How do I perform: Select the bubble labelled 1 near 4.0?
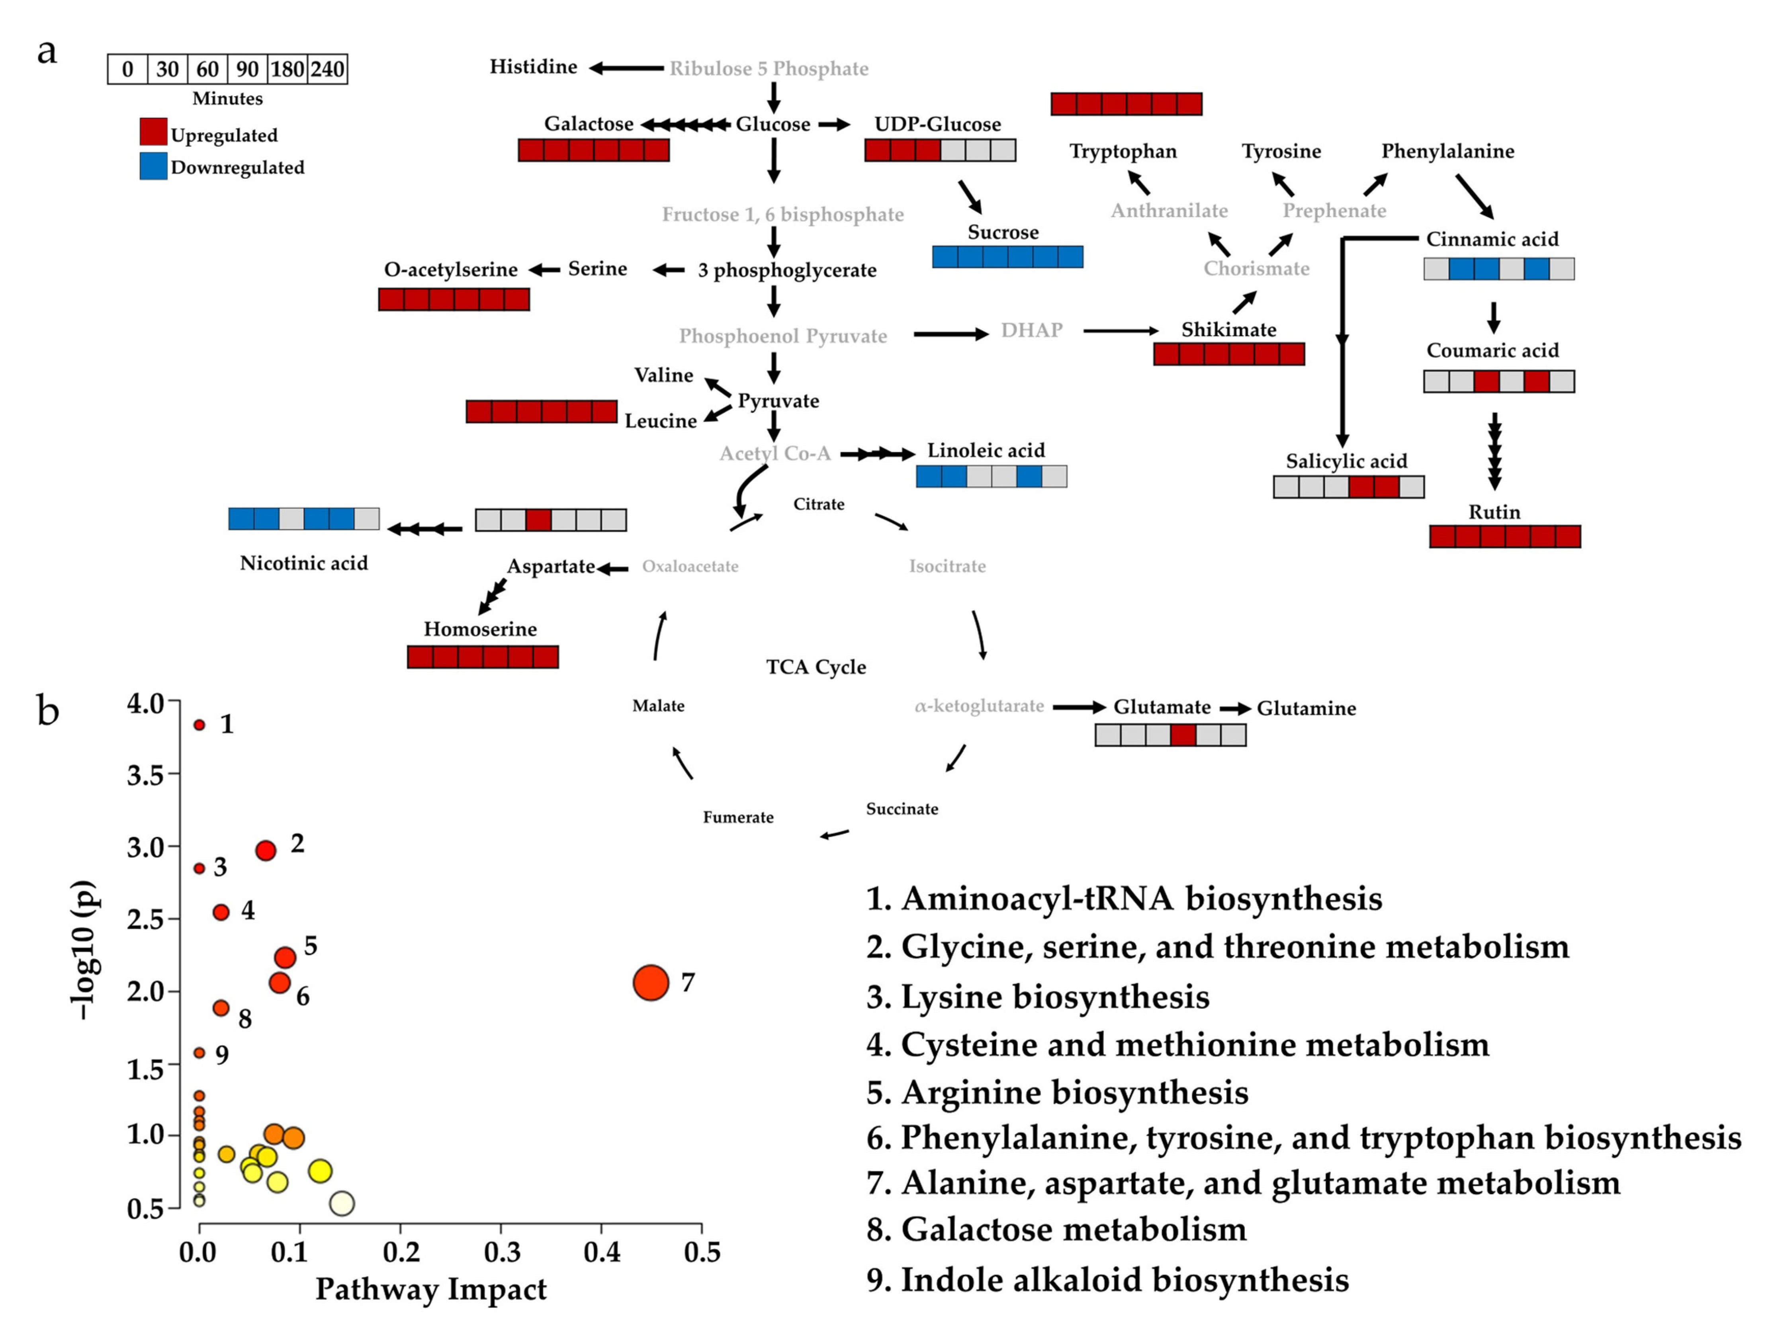tap(199, 725)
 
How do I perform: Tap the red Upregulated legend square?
tap(153, 131)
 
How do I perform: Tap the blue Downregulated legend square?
tap(153, 166)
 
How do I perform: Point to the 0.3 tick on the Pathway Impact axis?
tap(501, 1251)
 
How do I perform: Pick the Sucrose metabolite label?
tap(1003, 232)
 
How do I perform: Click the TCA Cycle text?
tap(816, 667)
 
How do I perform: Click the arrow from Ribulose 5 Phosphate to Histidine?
tap(626, 68)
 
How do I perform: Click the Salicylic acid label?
tap(1346, 461)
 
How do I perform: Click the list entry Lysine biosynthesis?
tap(1037, 997)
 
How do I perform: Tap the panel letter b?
tap(48, 711)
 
